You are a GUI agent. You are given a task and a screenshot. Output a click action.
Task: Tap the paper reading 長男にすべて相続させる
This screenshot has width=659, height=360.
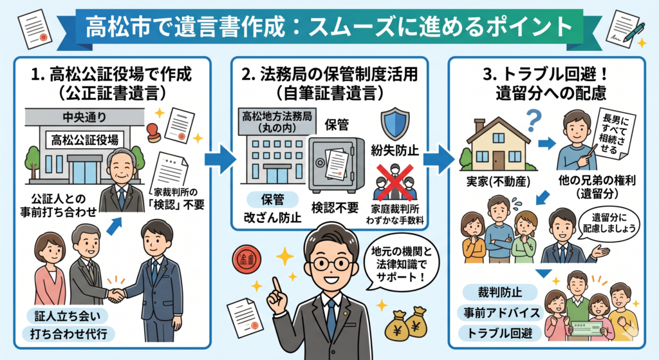599,134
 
